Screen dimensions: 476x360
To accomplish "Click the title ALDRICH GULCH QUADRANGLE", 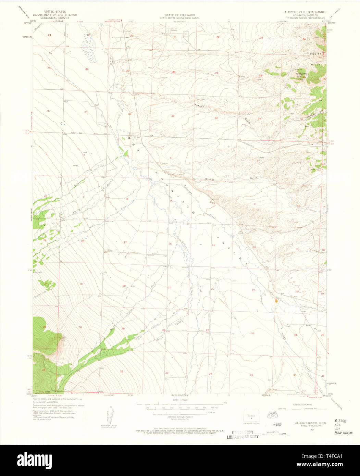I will point(306,12).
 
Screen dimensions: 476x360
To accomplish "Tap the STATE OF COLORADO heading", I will point(180,15).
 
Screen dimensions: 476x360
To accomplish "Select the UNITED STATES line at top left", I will point(55,12).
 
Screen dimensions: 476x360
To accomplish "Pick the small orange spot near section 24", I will point(276,301).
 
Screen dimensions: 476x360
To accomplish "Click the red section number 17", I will point(125,242).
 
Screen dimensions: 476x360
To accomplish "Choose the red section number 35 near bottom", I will point(251,375).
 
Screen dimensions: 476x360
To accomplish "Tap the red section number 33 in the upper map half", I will point(173,116).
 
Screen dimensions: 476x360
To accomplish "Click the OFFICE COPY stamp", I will point(242,432).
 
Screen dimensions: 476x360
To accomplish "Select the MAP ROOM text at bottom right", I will point(343,433).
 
